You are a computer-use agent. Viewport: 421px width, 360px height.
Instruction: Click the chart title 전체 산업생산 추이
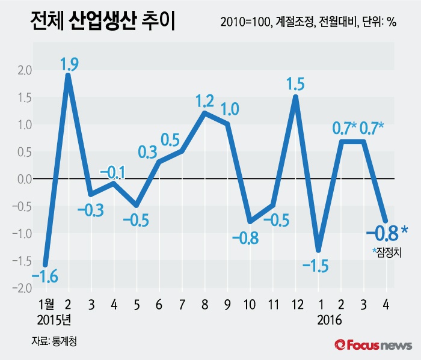pos(102,23)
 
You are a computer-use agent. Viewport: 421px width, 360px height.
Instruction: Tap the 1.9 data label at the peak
pos(69,63)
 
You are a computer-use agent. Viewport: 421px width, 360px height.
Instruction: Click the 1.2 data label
pos(205,101)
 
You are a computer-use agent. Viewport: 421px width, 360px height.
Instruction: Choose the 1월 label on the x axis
pos(46,304)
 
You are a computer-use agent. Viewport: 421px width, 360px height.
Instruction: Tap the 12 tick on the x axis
pos(295,304)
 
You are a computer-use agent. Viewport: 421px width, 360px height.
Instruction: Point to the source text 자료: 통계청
pos(55,341)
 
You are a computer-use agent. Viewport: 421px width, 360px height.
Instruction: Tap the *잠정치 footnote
pos(387,252)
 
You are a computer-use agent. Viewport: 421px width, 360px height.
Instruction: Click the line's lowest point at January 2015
pos(45,264)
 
